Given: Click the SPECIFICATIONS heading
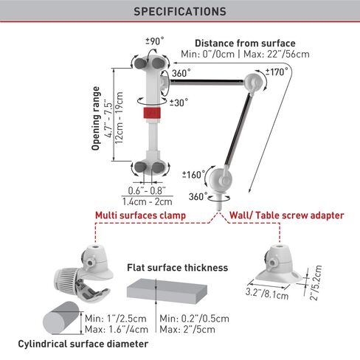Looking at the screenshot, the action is pyautogui.click(x=180, y=12).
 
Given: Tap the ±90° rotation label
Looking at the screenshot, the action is pyautogui.click(x=155, y=41).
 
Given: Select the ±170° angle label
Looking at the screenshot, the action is pyautogui.click(x=277, y=72).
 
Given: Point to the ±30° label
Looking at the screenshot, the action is pyautogui.click(x=179, y=103).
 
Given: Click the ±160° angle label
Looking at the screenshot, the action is pyautogui.click(x=193, y=175).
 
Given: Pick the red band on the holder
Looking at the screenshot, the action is pyautogui.click(x=152, y=113).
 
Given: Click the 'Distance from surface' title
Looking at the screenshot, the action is pyautogui.click(x=245, y=44).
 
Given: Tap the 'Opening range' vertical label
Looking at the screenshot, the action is pyautogui.click(x=96, y=118).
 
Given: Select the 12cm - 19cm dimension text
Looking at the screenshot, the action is pyautogui.click(x=120, y=118).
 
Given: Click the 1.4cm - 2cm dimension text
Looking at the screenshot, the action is pyautogui.click(x=148, y=201).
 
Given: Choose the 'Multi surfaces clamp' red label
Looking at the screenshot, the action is pyautogui.click(x=140, y=215).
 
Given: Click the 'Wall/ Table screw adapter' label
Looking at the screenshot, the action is pyautogui.click(x=287, y=215).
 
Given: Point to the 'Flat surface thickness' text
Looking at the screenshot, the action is pyautogui.click(x=177, y=268).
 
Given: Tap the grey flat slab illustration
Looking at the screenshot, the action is pyautogui.click(x=167, y=291).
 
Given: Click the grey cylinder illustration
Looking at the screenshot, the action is pyautogui.click(x=61, y=318).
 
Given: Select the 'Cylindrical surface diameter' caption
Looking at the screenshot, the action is pyautogui.click(x=83, y=344).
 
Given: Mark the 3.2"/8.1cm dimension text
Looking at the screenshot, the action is pyautogui.click(x=267, y=294).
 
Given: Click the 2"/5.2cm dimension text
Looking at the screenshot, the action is pyautogui.click(x=316, y=283).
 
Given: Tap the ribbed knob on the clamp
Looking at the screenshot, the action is pyautogui.click(x=66, y=282).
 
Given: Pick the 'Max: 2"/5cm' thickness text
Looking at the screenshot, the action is pyautogui.click(x=187, y=329).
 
